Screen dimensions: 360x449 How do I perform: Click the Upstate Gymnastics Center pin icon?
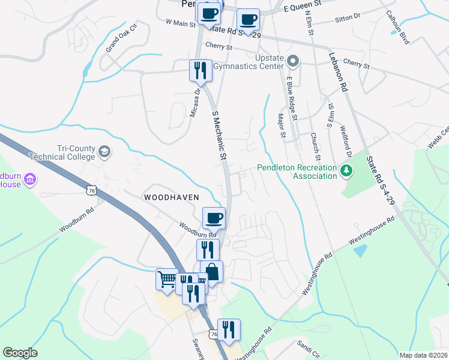click(x=293, y=61)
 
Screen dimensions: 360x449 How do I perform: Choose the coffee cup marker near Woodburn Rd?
click(x=214, y=217)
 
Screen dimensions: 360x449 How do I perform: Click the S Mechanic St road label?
click(x=220, y=134)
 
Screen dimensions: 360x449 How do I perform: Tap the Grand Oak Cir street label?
click(x=122, y=39)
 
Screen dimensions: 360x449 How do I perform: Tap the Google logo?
click(x=20, y=353)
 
